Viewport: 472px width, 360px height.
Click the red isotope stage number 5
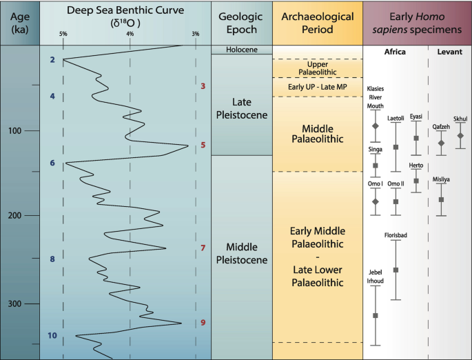pyautogui.click(x=203, y=146)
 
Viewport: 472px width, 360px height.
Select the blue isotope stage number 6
pyautogui.click(x=52, y=163)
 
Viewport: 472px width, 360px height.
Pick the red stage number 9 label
pyautogui.click(x=203, y=323)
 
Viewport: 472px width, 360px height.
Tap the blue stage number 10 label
pyautogui.click(x=52, y=336)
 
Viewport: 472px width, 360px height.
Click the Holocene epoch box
pyautogui.click(x=241, y=50)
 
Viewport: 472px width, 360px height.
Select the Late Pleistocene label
pyautogui.click(x=241, y=108)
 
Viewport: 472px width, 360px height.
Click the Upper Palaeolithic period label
pyautogui.click(x=318, y=68)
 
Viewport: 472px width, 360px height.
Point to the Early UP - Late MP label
pyautogui.click(x=317, y=88)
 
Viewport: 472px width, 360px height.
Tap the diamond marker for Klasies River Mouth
pyautogui.click(x=376, y=127)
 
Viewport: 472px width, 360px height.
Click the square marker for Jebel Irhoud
pyautogui.click(x=376, y=315)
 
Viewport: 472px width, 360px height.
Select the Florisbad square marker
pyautogui.click(x=396, y=270)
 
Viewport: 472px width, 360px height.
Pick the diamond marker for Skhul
pyautogui.click(x=460, y=135)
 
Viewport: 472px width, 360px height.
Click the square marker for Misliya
pyautogui.click(x=442, y=199)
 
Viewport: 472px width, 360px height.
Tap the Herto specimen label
pyautogui.click(x=416, y=166)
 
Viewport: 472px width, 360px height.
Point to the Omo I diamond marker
pyautogui.click(x=376, y=201)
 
